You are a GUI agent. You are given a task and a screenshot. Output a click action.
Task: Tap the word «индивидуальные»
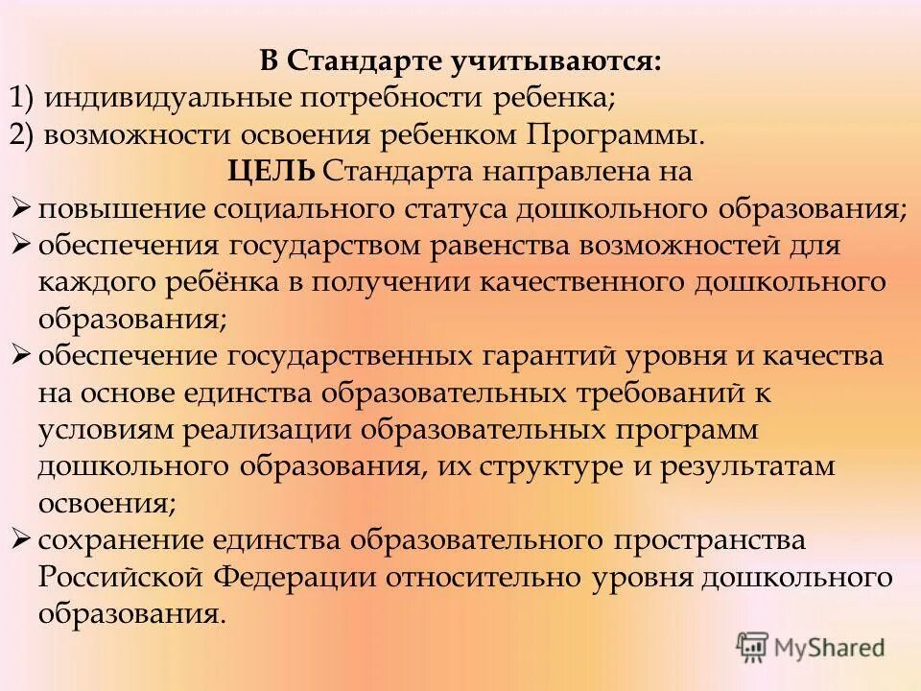(152, 98)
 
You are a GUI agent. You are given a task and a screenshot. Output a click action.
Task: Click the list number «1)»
(24, 98)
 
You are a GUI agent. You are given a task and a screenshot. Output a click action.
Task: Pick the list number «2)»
(24, 133)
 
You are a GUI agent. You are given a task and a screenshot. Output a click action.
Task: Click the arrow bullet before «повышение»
(23, 208)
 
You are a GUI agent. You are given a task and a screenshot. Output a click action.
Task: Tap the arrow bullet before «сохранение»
(23, 540)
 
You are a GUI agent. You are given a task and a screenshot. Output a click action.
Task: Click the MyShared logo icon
(753, 648)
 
